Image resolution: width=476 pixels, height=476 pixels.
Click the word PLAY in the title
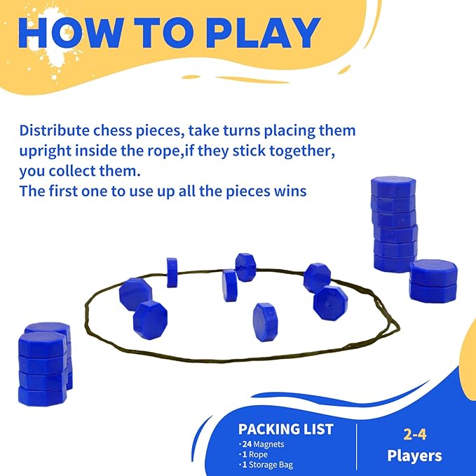[x=264, y=32]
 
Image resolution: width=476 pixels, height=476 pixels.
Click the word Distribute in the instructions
[x=55, y=130]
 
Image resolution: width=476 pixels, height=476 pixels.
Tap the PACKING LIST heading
[x=285, y=429]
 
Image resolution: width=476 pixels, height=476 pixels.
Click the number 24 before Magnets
[x=247, y=444]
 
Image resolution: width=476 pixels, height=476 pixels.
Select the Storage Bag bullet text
[x=271, y=465]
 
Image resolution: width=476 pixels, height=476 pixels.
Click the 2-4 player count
[x=415, y=435]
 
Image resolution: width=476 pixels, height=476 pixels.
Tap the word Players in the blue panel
[x=414, y=456]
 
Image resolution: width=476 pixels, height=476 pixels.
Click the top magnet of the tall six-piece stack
[x=393, y=187]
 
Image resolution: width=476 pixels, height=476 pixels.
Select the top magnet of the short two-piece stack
[x=433, y=272]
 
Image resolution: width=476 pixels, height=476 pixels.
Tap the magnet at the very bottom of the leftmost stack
[x=43, y=396]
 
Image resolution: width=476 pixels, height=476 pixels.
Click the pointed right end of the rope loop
[x=399, y=327]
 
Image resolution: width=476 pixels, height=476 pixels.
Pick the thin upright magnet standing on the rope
[x=172, y=273]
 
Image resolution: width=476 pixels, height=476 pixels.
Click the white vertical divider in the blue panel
[x=356, y=447]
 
